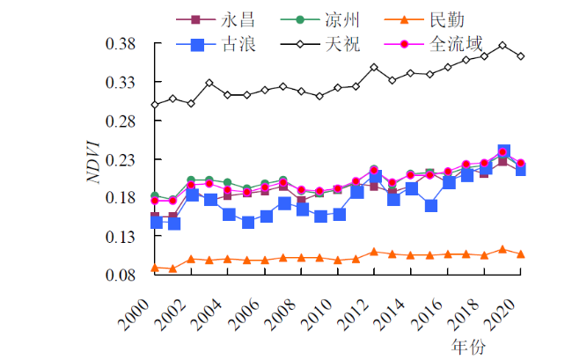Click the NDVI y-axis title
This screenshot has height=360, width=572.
point(93,160)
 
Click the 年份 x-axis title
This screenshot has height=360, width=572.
point(469,345)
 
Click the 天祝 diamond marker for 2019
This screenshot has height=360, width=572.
point(502,45)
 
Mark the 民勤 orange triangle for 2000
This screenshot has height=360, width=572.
point(155,268)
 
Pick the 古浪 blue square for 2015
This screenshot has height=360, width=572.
point(429,206)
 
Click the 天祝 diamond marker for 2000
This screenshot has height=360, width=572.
point(155,105)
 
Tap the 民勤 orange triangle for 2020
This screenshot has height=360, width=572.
point(521,254)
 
